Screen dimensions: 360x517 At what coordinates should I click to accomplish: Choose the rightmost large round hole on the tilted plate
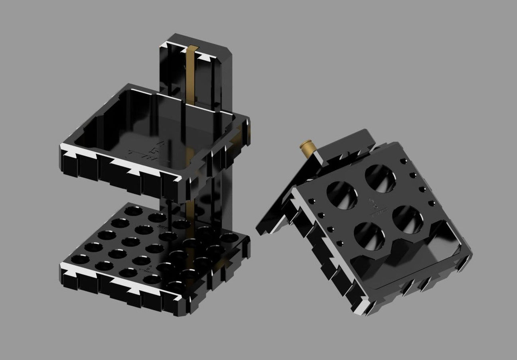(407, 220)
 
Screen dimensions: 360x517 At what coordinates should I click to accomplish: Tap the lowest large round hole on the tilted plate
(369, 237)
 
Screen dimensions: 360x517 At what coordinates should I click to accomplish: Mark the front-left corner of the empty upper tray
(64, 150)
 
